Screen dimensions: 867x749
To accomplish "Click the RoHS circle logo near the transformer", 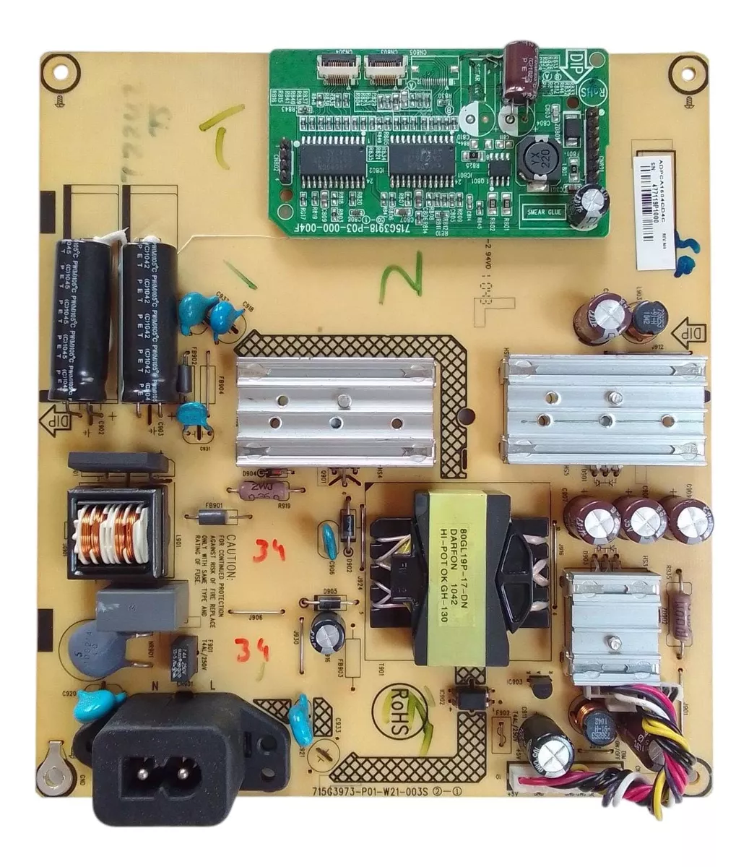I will pos(405,706).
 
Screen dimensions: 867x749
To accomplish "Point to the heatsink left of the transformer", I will pos(335,410).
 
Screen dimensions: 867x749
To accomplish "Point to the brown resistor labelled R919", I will pos(256,491).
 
